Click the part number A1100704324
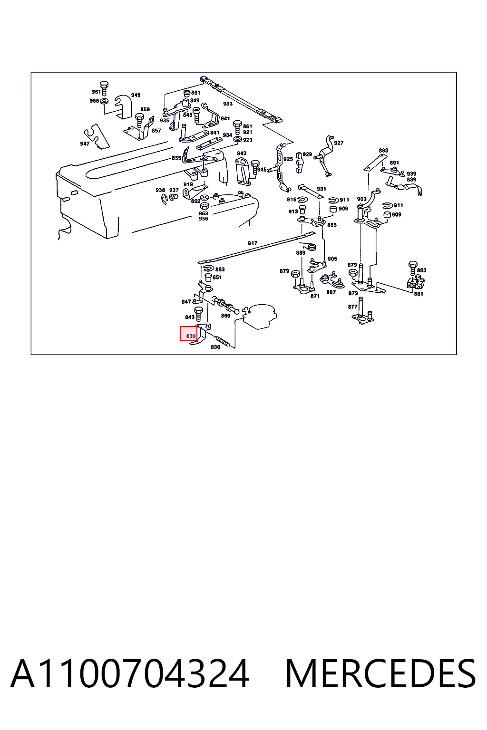pos(130,674)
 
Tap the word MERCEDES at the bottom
pos(380,674)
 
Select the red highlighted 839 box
pos(188,334)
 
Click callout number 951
pos(96,92)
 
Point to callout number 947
pos(85,144)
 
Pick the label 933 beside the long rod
pos(228,104)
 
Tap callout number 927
pos(339,143)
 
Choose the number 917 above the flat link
pos(253,243)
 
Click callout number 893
pos(384,151)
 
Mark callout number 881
pos(419,294)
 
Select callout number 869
pos(226,316)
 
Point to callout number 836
pos(215,347)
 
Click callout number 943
pos(242,153)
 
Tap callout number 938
pos(160,190)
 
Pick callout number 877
pos(352,307)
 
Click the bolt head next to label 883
pos(413,264)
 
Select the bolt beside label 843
pos(198,313)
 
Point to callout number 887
pos(331,292)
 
